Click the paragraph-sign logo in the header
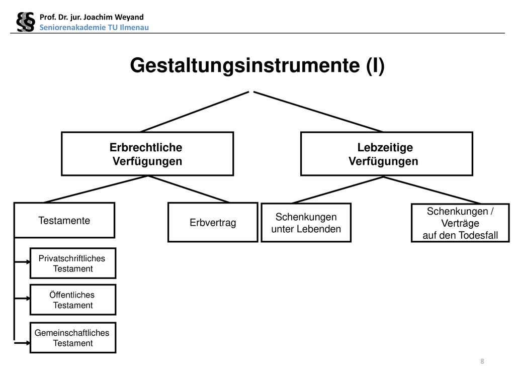point(26,22)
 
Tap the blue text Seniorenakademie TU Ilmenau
point(94,27)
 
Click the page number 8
point(482,361)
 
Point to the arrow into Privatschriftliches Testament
point(22,262)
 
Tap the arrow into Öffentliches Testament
point(22,299)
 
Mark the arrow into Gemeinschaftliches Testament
point(22,343)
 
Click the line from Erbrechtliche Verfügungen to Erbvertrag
point(189,189)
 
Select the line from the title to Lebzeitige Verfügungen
point(318,112)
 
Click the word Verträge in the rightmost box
point(460,223)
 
